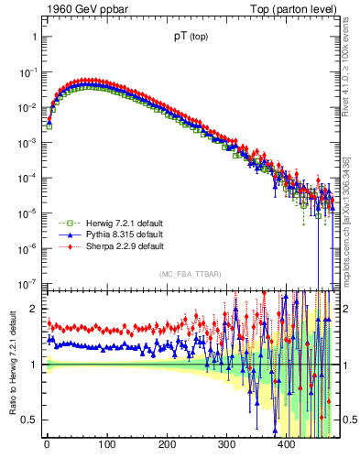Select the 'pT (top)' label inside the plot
pos(190,39)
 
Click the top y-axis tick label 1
pos(34,38)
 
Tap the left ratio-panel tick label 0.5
pos(29,420)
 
